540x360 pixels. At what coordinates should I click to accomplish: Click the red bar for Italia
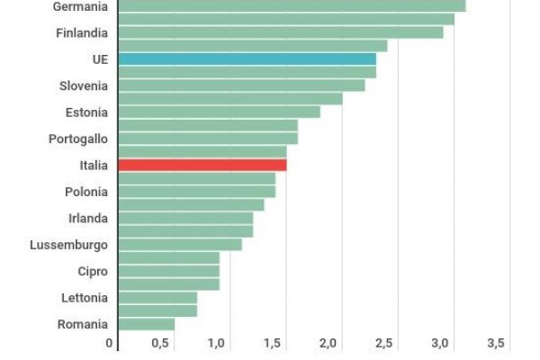point(202,166)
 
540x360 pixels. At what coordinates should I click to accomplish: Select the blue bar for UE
point(247,59)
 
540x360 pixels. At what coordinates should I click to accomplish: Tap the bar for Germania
point(291,6)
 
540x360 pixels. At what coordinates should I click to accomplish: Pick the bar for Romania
point(146,324)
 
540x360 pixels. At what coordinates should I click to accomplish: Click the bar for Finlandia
point(280,32)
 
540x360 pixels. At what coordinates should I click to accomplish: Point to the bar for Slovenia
point(241,85)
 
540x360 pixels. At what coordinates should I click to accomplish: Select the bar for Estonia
point(219,112)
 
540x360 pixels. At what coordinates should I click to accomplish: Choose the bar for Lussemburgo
point(179,245)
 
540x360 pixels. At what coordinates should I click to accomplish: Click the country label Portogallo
point(78,139)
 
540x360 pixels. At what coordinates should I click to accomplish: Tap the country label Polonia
point(86,192)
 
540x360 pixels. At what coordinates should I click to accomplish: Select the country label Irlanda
point(88,219)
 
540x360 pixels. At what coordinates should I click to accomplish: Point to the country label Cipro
point(93,271)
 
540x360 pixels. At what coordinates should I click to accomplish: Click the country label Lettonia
point(85,298)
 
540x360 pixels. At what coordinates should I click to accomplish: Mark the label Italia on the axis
point(94,166)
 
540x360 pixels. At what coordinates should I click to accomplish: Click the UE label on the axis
point(99,59)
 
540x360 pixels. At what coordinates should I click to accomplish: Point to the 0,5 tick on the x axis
point(161,344)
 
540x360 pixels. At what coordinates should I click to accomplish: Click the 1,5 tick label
point(272,344)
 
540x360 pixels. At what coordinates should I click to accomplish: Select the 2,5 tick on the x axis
point(383,344)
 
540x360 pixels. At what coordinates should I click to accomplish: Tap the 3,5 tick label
point(496,344)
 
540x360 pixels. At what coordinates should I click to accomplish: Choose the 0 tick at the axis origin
point(110,344)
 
